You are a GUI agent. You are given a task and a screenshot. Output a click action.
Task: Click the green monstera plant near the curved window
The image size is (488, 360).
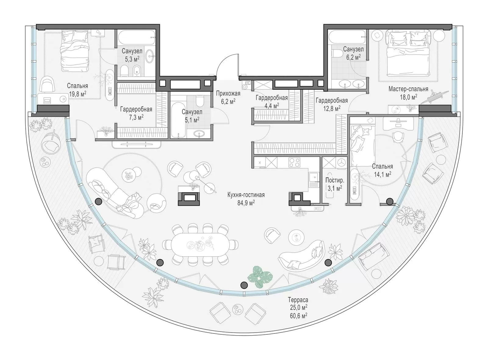pyautogui.click(x=260, y=276)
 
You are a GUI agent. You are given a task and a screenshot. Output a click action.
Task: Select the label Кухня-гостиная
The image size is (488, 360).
pyautogui.click(x=246, y=195)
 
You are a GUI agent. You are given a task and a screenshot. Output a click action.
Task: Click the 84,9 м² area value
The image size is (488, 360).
pyautogui.click(x=246, y=203)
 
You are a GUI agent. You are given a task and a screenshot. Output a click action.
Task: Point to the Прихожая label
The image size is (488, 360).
pyautogui.click(x=228, y=93)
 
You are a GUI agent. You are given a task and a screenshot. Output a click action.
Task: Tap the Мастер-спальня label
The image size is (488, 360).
pyautogui.click(x=408, y=89)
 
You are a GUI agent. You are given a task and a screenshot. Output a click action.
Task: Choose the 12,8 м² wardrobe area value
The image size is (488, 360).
pyautogui.click(x=332, y=108)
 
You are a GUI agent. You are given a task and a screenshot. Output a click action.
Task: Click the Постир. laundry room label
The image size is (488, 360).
pyautogui.click(x=335, y=180)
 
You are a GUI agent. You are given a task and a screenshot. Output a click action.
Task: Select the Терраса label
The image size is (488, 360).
pyautogui.click(x=298, y=300)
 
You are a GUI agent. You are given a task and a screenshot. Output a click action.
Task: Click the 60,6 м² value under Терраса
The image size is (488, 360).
pyautogui.click(x=298, y=315)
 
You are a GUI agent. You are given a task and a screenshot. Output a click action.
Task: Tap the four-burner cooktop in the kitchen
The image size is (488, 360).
pyautogui.click(x=294, y=162)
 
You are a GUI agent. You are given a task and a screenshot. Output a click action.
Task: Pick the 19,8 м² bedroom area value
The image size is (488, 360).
pyautogui.click(x=77, y=94)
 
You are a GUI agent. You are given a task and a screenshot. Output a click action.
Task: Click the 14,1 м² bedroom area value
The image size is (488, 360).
pyautogui.click(x=382, y=175)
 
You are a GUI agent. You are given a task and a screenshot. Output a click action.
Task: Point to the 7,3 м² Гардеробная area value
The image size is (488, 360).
pyautogui.click(x=136, y=117)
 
